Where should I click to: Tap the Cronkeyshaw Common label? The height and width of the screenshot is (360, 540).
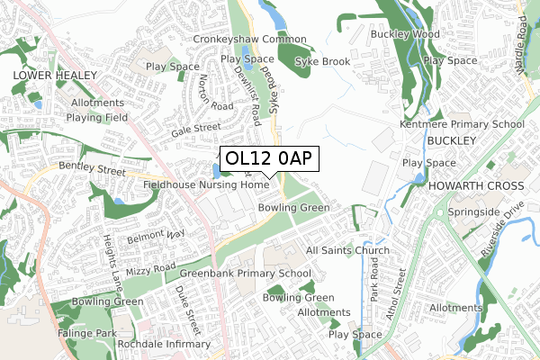[x=249, y=40]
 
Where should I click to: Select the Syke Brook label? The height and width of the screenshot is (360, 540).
[x=323, y=61]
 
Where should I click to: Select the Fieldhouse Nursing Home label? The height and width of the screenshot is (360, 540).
[x=206, y=185]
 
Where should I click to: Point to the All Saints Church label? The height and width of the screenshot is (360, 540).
[x=347, y=250]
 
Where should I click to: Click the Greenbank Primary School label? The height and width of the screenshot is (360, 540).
[x=245, y=274]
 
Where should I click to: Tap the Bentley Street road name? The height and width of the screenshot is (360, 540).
[x=92, y=168]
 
